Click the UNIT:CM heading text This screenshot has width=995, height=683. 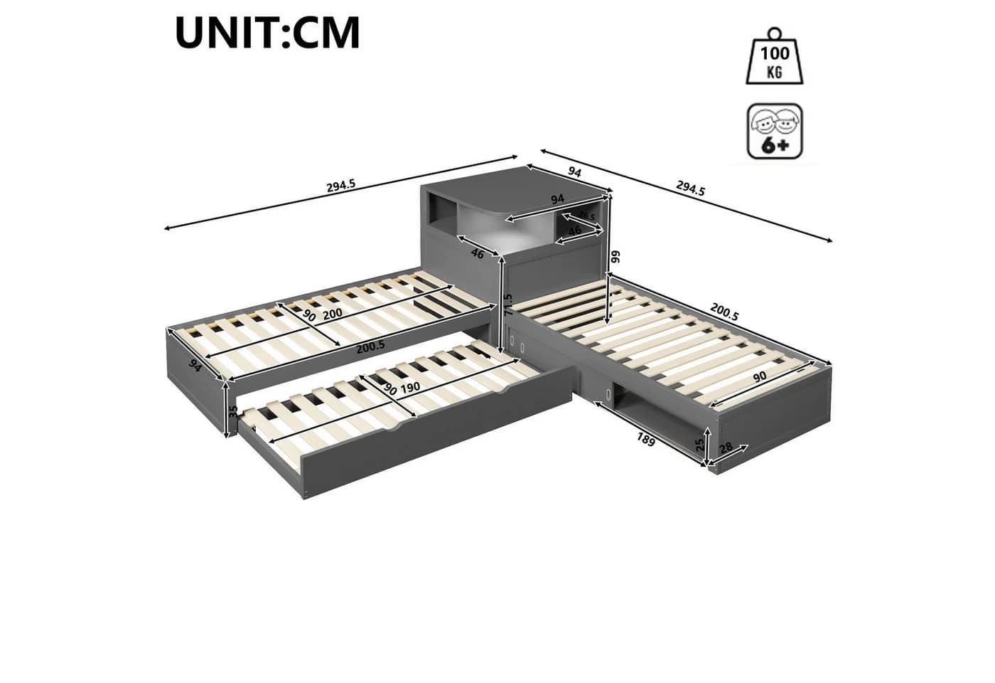pos(267,33)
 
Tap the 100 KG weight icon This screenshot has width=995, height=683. pos(775,56)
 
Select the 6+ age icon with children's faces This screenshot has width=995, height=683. pos(775,131)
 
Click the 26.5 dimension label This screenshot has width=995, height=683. pos(586,216)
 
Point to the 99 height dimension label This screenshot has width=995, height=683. pos(615,257)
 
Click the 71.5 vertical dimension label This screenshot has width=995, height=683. pos(508,304)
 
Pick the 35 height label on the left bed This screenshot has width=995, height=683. pos(234,411)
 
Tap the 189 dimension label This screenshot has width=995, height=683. pos(646,440)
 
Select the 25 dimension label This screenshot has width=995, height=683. pos(700,445)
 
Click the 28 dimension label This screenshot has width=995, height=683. pos(726,448)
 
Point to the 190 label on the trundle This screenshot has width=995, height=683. pos(410,388)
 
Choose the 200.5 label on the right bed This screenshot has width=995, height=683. pos(724,312)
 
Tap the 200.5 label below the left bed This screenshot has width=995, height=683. pos(370,346)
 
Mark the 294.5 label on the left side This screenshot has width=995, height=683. pos(341,186)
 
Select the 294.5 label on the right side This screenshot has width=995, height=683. pos(690,188)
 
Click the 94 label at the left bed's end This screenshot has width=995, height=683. pos(195,365)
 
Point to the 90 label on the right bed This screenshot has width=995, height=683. pos(760,376)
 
